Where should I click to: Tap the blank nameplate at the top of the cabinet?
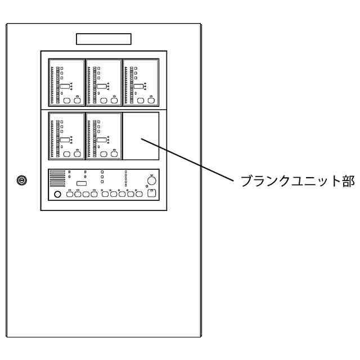[103, 39]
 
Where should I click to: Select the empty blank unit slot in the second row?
[141, 136]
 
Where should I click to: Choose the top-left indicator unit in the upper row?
[66, 83]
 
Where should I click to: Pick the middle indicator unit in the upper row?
[103, 83]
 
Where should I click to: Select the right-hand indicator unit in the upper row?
[140, 83]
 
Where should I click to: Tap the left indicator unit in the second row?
[66, 137]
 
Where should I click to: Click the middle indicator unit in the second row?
[103, 137]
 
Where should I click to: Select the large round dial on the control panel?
[151, 181]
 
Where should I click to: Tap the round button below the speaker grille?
[57, 195]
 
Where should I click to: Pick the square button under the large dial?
[151, 194]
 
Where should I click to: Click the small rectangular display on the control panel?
[81, 184]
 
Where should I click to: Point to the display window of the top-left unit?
[65, 86]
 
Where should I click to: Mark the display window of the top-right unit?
[138, 86]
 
